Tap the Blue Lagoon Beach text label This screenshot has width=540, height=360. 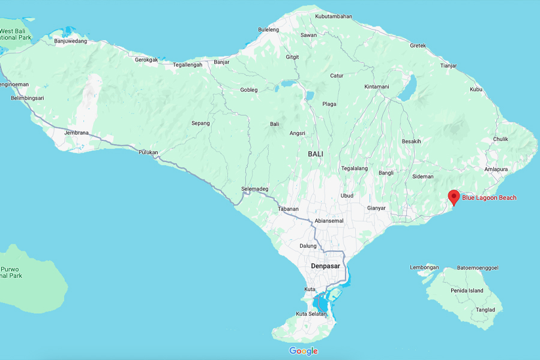click(x=489, y=198)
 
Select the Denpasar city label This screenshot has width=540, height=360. click(x=326, y=265)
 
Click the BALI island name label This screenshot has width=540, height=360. click(x=316, y=154)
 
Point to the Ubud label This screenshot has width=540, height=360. click(x=347, y=196)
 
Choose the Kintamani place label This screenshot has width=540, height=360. click(x=377, y=87)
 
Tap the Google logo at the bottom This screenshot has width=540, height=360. click(x=304, y=351)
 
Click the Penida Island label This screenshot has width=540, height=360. click(x=468, y=291)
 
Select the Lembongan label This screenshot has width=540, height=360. click(x=425, y=268)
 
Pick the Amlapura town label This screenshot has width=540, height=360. click(x=496, y=169)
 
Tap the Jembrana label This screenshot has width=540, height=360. click(x=77, y=133)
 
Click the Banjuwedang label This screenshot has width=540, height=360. click(x=70, y=41)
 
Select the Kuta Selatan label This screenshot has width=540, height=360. click(x=311, y=314)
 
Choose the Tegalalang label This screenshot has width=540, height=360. click(x=354, y=169)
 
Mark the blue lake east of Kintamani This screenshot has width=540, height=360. click(x=409, y=88)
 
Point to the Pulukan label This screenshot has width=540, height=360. click(x=148, y=152)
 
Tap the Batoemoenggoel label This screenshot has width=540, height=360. click(x=478, y=268)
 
